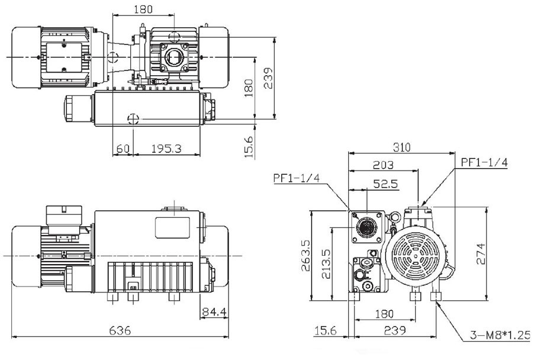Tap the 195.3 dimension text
(x=166, y=149)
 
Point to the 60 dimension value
(x=123, y=149)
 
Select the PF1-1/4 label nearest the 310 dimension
(x=484, y=163)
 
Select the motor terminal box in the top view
(x=63, y=57)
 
